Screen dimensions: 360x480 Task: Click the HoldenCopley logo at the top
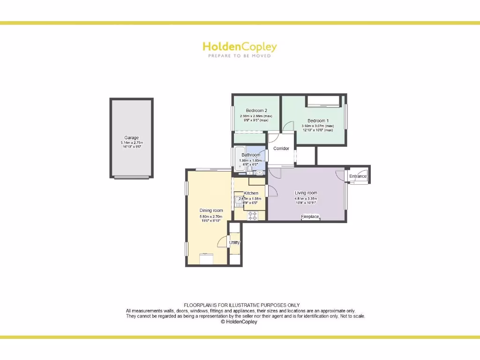tap(240, 46)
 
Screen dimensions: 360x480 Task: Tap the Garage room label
tap(131, 138)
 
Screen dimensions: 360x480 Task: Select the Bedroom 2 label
tap(256, 111)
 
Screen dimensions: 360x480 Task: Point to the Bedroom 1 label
tap(318, 121)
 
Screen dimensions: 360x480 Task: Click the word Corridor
tap(281, 149)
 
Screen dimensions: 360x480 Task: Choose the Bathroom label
tap(251, 155)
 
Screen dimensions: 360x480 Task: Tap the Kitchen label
tap(251, 193)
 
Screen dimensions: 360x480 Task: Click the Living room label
tap(306, 193)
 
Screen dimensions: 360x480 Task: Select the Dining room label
tap(211, 210)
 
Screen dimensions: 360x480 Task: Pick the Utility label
tap(234, 242)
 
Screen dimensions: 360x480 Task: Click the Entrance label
tap(358, 176)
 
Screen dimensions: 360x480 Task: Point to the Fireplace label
tap(310, 217)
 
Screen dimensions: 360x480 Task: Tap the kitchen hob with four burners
tap(253, 216)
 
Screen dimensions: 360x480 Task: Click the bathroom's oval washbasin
tap(260, 172)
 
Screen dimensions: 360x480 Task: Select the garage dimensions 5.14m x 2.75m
tap(131, 142)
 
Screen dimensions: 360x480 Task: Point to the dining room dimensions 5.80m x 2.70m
tap(211, 217)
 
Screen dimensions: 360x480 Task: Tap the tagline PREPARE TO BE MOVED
tap(240, 56)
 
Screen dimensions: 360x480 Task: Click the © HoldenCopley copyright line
tap(239, 322)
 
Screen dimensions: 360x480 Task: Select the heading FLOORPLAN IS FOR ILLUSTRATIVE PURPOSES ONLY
tap(241, 305)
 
